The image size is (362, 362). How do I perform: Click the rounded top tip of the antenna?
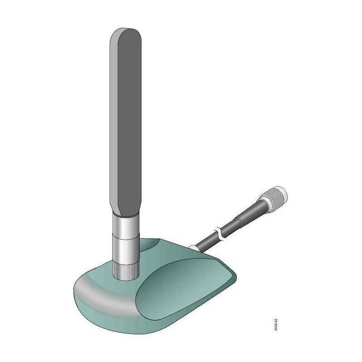[x=126, y=31]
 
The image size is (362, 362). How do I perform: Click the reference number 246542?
[x=276, y=323]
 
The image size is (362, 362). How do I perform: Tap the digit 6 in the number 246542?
[x=276, y=325]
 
